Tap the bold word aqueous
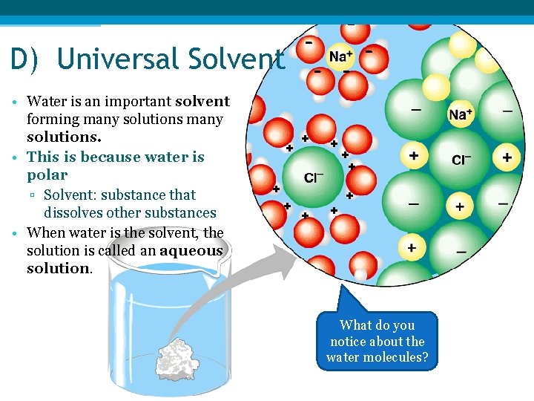191,250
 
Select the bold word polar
47,175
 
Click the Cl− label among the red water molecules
314,177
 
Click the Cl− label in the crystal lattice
461,160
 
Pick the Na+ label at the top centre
340,56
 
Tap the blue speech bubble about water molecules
377,342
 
